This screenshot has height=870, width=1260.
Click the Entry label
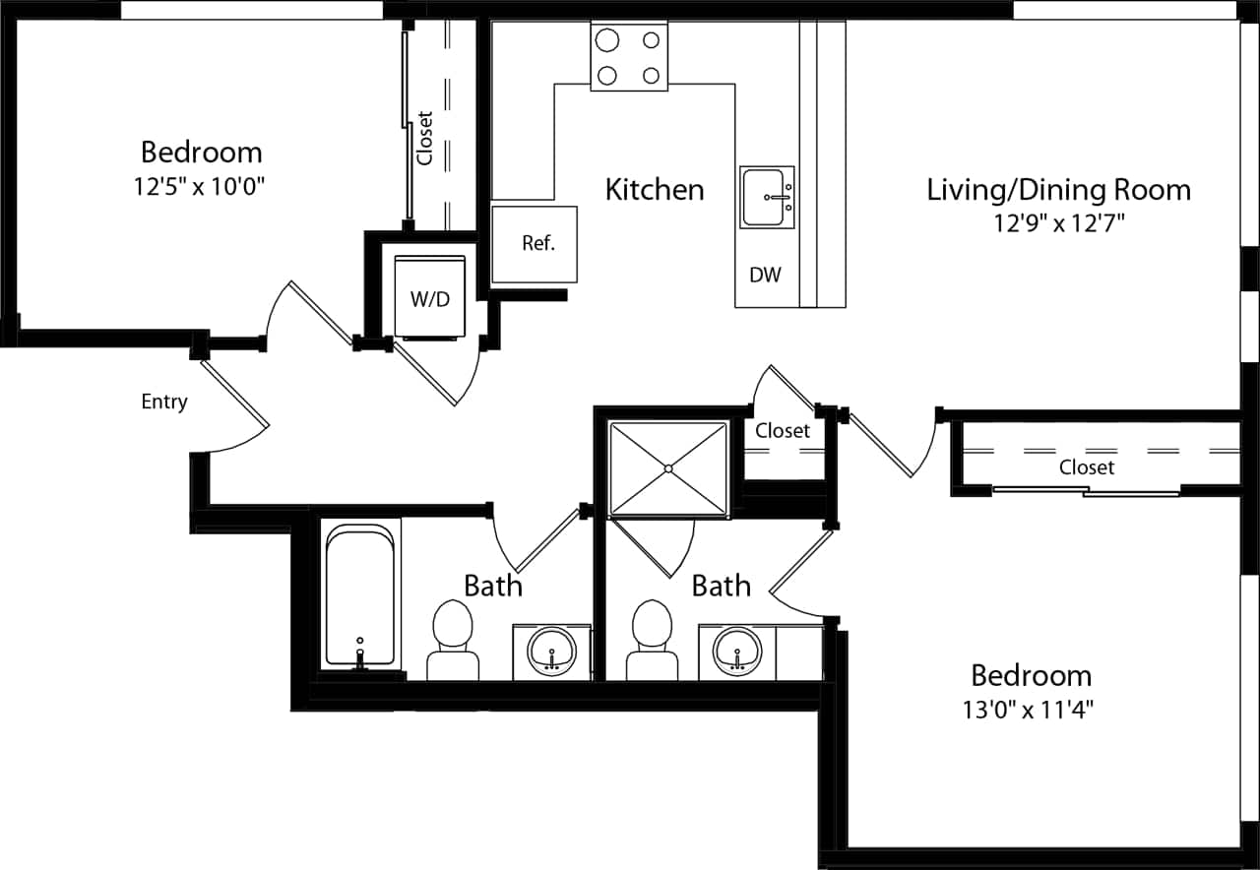pos(163,402)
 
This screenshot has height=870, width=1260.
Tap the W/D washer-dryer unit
pos(429,298)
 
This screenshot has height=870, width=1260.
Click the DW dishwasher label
pos(765,276)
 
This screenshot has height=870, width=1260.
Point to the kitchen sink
pos(768,198)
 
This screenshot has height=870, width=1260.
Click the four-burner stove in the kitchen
pos(628,57)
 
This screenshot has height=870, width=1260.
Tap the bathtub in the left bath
pos(359,597)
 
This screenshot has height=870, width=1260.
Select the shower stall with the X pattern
pos(668,468)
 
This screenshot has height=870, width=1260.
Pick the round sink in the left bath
pos(551,651)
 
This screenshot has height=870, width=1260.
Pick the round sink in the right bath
pos(737,651)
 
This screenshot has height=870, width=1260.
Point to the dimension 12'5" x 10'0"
pos(201,187)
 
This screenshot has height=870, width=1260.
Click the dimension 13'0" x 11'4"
pos(1031,710)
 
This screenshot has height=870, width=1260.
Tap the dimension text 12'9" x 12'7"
pos(1058,223)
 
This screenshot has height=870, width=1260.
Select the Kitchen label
pos(655,189)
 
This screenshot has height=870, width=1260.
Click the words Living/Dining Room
pos(1058,189)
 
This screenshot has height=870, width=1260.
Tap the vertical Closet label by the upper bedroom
pos(425,137)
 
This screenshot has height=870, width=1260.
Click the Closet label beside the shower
pos(783,431)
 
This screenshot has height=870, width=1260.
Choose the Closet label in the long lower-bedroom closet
pos(1087,467)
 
